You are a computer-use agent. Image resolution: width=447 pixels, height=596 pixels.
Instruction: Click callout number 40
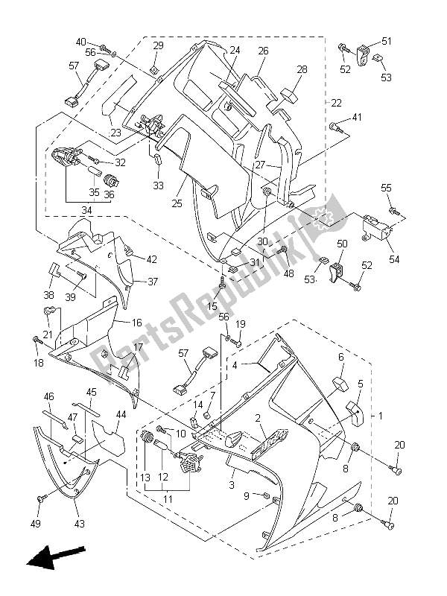pos(80,42)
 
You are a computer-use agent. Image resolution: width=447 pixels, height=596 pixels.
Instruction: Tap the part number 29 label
pos(158,46)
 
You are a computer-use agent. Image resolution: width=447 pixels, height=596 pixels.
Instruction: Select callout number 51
pos(386,41)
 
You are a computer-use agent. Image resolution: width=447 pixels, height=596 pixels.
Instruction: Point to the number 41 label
pos(357,118)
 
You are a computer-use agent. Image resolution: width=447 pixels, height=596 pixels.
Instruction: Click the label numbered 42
pos(152,260)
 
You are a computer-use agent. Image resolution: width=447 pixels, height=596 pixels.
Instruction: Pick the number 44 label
pos(121,413)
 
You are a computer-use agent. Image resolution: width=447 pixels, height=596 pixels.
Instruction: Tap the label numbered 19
pos(241,324)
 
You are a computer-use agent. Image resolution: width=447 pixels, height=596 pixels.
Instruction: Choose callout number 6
pos(340,358)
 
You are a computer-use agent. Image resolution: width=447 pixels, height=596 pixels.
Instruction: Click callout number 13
pos(144,477)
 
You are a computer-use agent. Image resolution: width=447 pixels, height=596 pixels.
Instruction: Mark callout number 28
pos(302,69)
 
